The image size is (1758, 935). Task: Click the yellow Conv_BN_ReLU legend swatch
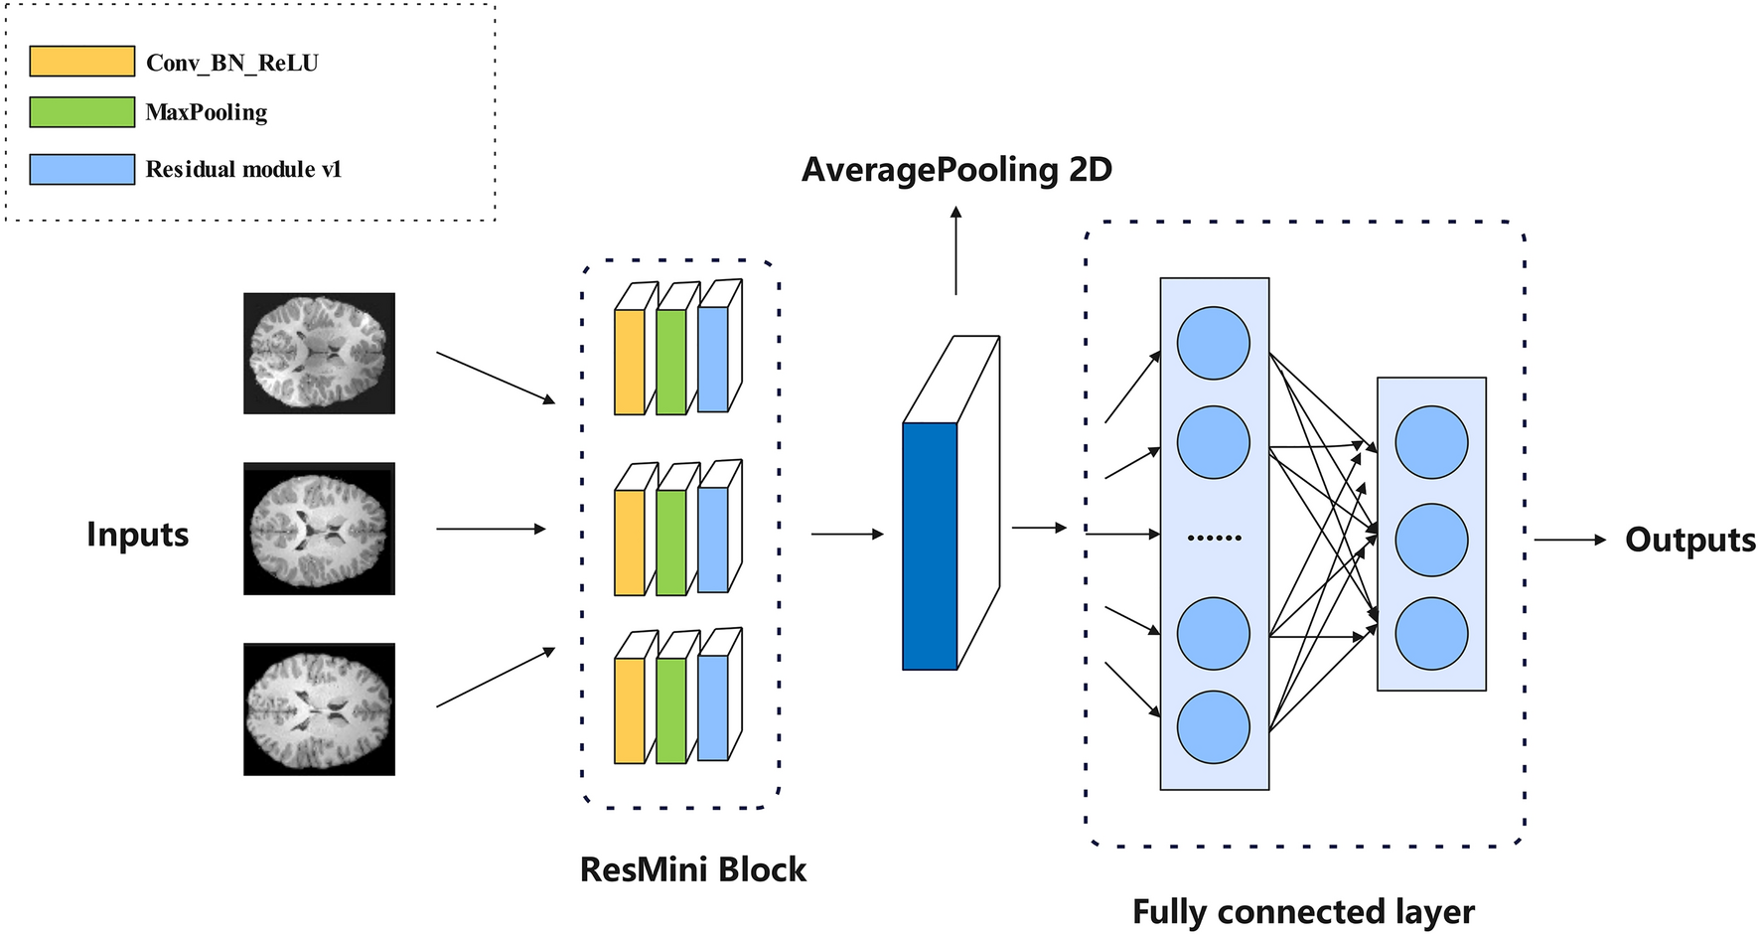pos(81,62)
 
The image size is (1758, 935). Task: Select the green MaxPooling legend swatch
pos(81,111)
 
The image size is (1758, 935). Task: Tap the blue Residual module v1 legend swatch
pos(81,169)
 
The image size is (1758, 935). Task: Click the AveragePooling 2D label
pos(956,170)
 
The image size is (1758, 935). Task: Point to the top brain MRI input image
pos(319,353)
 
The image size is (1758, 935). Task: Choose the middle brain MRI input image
pos(319,529)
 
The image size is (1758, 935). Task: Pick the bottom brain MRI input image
pos(319,708)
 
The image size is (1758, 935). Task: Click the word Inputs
pos(137,535)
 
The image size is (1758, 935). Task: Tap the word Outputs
pos(1689,540)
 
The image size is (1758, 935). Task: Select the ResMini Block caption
pos(692,869)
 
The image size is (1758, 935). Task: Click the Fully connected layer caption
pos(1303,911)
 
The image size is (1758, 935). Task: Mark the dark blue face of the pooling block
pos(930,546)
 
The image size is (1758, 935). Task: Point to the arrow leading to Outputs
pos(1569,540)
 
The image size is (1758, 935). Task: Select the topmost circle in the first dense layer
pos(1213,344)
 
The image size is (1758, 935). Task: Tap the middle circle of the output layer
pos(1431,541)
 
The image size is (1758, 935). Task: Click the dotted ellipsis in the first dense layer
pos(1214,538)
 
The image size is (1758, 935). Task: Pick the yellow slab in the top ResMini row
pos(630,362)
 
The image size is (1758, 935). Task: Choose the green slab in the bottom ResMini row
pos(670,710)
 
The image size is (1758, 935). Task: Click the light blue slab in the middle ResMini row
pos(713,540)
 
